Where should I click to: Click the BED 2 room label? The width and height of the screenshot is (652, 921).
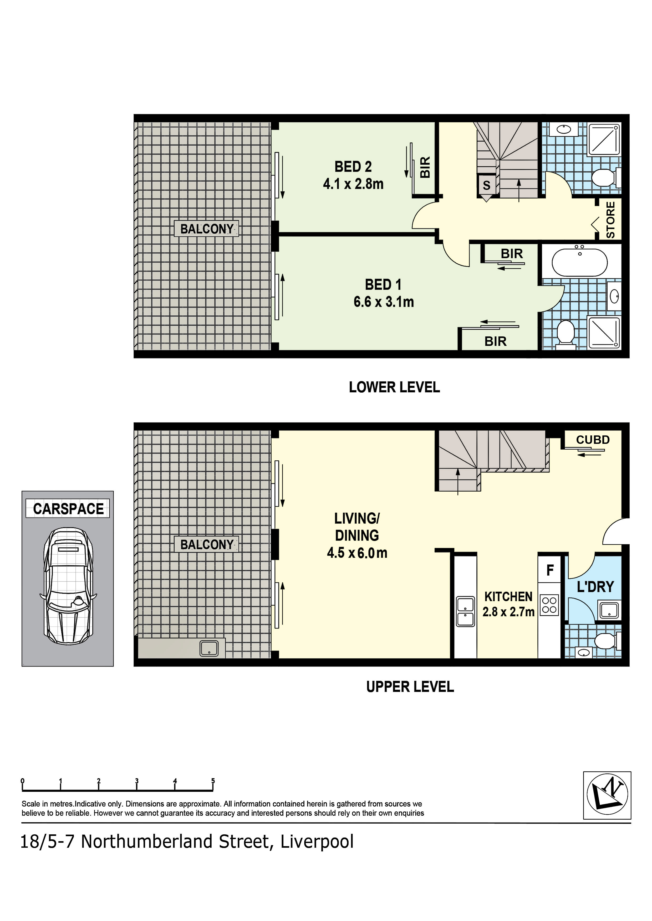(x=353, y=166)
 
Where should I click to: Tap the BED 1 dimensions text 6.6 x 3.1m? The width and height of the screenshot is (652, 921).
(x=384, y=302)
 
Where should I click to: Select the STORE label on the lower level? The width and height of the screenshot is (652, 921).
(x=610, y=220)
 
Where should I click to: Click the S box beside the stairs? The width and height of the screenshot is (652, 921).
(x=487, y=185)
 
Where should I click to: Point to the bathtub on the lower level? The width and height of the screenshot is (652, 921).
(x=580, y=262)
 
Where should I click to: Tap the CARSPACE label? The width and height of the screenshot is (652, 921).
(x=68, y=509)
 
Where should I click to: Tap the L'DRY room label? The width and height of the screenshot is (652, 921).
(x=595, y=587)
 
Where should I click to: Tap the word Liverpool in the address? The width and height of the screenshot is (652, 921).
(x=317, y=842)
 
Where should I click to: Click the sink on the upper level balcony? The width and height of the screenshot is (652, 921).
(x=209, y=649)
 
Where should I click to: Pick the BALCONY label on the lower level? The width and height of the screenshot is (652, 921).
(x=207, y=229)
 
